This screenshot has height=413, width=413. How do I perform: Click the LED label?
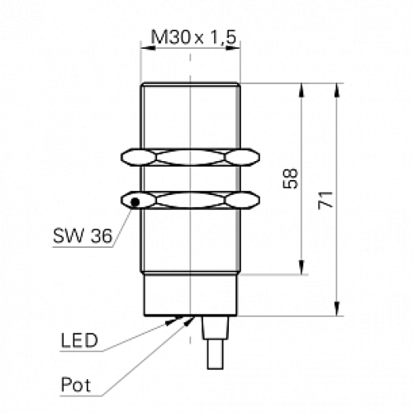click(79, 340)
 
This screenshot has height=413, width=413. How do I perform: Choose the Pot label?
click(76, 384)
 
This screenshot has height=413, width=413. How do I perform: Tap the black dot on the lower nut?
click(133, 200)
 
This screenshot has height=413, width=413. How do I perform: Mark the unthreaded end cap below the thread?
click(191, 295)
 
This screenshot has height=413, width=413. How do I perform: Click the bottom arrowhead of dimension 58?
click(301, 268)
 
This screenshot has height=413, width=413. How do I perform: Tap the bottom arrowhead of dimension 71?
click(338, 310)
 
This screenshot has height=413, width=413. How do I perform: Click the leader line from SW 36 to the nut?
click(121, 223)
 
